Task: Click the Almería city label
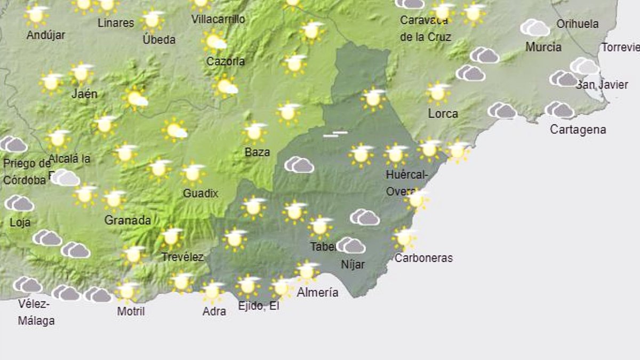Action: click(x=317, y=292)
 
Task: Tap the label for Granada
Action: click(x=127, y=220)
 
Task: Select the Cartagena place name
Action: click(x=578, y=130)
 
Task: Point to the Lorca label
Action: click(x=443, y=114)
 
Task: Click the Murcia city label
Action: click(x=543, y=47)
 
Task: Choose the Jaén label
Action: click(x=85, y=94)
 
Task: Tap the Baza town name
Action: click(x=257, y=152)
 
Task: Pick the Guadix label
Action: click(x=201, y=194)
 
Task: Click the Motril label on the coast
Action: click(x=131, y=311)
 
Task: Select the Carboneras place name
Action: click(x=423, y=258)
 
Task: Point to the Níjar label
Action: click(x=353, y=264)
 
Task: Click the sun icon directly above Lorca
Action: click(x=438, y=93)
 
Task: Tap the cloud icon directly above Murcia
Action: click(x=535, y=28)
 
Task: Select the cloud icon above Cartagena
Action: click(x=559, y=110)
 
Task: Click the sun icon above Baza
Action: click(x=254, y=132)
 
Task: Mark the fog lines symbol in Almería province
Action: click(x=335, y=134)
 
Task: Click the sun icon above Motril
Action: click(x=127, y=291)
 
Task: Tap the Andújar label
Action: click(x=46, y=35)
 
